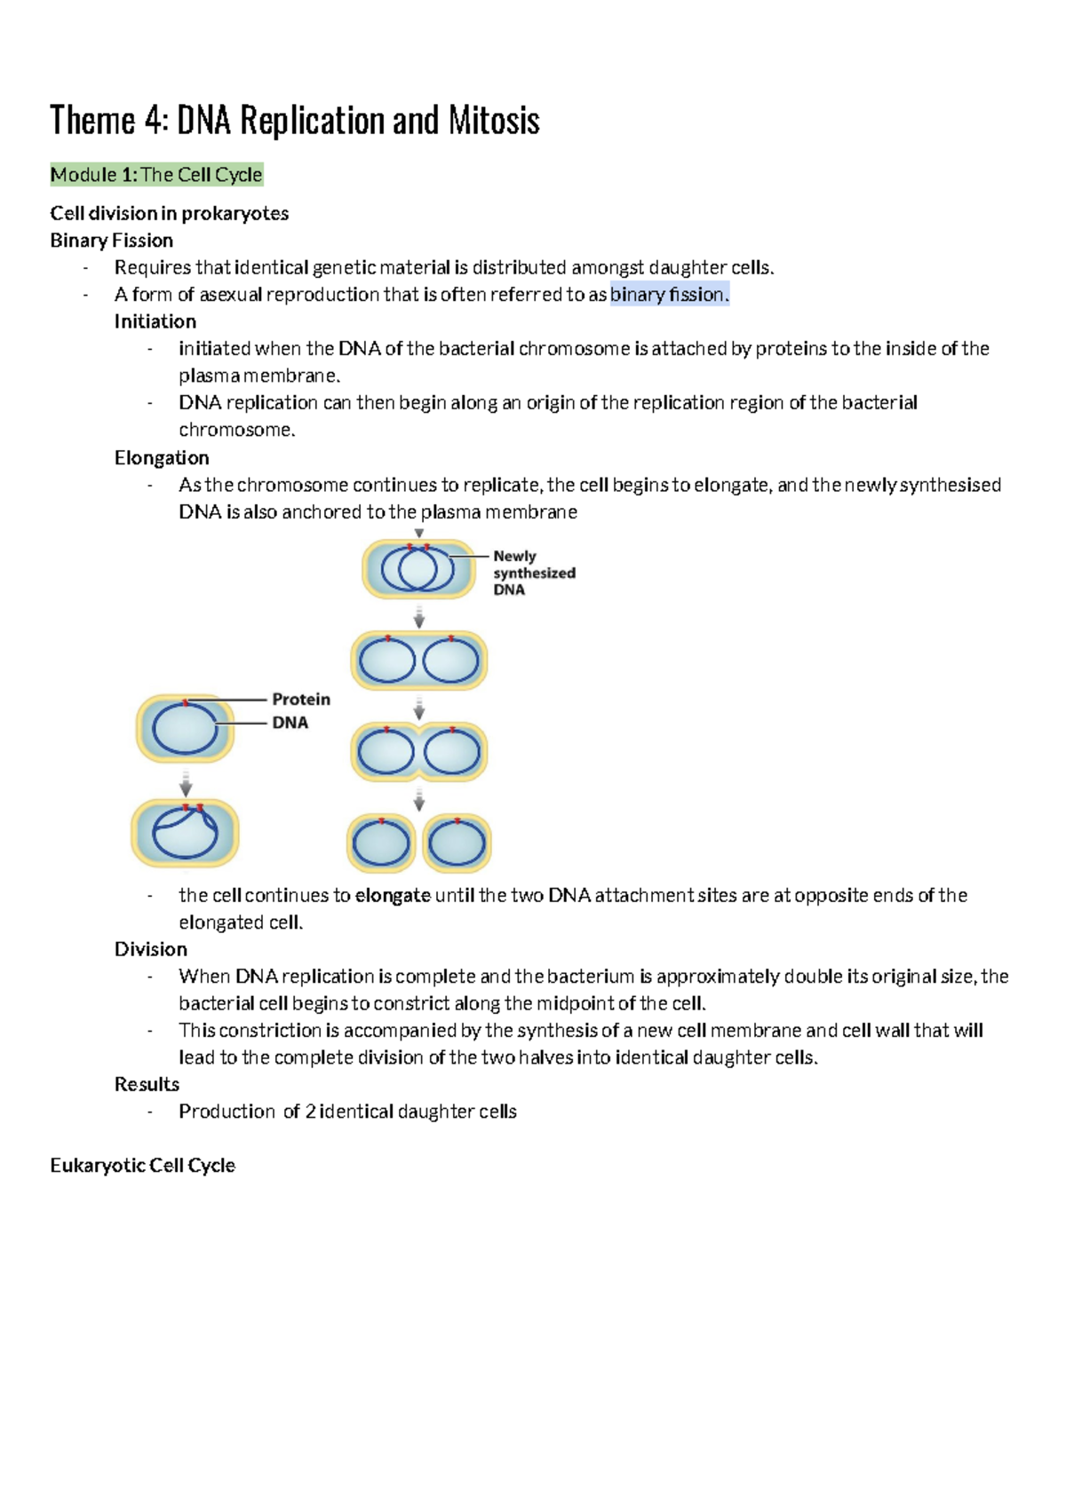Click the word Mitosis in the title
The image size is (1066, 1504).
click(493, 121)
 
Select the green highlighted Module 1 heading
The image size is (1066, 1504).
click(156, 175)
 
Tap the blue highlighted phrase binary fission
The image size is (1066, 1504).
click(669, 295)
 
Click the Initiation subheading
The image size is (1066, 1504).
click(155, 321)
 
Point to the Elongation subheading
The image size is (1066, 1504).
click(162, 458)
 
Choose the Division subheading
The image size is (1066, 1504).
click(150, 949)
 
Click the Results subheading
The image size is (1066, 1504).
click(147, 1084)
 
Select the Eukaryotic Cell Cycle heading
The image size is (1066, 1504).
click(142, 1166)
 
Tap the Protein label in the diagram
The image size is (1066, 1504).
click(300, 700)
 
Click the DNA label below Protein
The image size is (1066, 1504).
click(290, 723)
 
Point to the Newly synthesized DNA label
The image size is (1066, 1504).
click(533, 573)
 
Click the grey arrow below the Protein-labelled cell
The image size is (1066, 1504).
click(186, 784)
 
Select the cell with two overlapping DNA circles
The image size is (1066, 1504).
click(418, 569)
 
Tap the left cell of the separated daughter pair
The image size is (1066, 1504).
click(381, 843)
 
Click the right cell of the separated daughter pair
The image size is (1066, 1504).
click(457, 843)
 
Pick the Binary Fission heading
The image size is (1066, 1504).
click(111, 241)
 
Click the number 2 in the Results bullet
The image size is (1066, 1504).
click(310, 1112)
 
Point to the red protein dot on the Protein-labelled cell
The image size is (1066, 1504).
click(185, 703)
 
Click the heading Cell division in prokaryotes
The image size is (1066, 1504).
click(169, 213)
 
